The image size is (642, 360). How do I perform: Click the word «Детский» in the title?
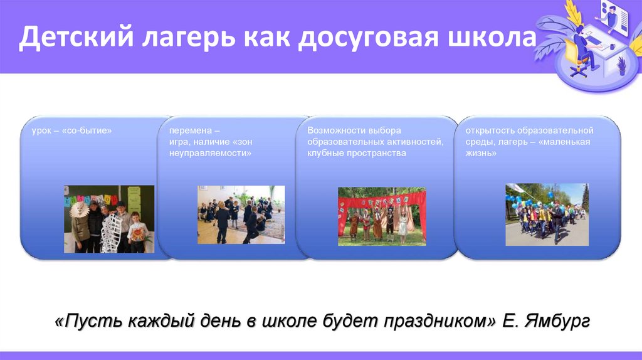click(76, 36)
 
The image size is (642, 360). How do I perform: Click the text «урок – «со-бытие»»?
click(71, 130)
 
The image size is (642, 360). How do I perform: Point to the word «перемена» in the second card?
click(191, 130)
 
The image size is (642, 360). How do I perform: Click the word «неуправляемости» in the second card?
click(211, 153)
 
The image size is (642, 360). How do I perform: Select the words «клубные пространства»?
click(357, 153)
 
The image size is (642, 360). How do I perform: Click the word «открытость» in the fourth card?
click(490, 130)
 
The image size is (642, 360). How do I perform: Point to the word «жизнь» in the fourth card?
click(481, 153)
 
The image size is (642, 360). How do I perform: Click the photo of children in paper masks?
click(109, 219)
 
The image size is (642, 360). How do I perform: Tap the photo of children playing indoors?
click(241, 214)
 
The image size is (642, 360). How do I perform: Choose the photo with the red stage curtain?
click(382, 216)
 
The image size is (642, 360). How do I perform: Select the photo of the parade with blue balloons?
click(547, 214)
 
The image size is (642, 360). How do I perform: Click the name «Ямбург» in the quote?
click(557, 320)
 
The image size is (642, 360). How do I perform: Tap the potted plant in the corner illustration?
click(621, 65)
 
